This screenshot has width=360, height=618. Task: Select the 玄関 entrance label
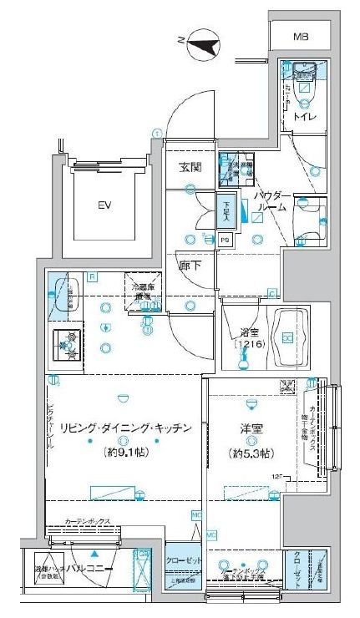[190, 167]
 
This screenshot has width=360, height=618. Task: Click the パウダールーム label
[272, 200]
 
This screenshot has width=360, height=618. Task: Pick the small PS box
[226, 240]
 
